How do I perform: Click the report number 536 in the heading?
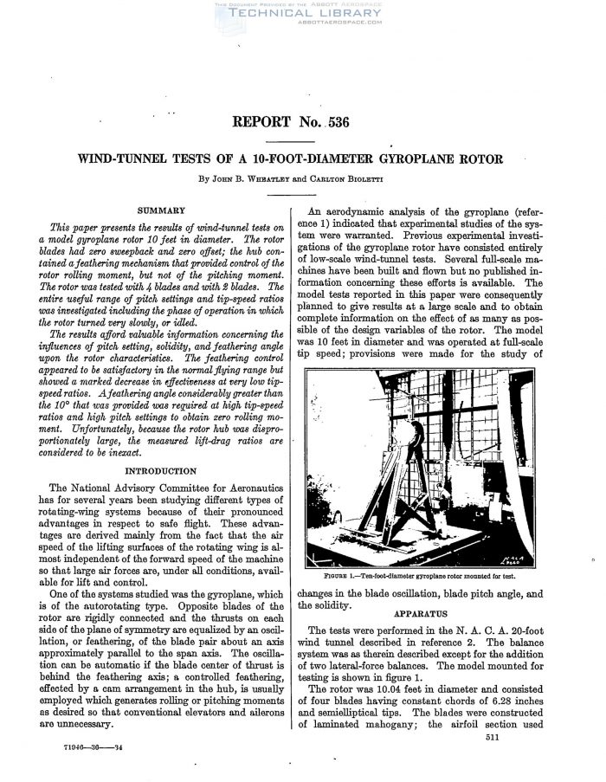[x=336, y=122]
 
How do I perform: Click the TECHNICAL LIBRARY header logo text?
[x=302, y=15]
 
